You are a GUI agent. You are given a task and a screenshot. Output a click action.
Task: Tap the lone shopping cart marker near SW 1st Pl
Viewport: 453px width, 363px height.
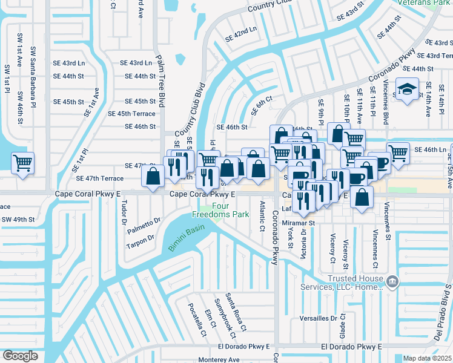22,163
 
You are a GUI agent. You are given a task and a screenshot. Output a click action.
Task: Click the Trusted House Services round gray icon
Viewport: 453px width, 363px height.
392,281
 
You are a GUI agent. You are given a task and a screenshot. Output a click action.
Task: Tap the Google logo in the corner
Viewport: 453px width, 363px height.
20,356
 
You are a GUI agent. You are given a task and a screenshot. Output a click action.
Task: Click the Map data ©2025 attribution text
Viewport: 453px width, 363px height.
427,358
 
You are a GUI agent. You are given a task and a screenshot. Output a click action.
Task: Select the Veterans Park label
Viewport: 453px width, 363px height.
423,2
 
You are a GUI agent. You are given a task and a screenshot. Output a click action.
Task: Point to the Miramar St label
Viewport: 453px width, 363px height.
299,223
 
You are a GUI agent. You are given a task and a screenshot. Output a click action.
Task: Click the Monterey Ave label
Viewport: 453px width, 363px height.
220,359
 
